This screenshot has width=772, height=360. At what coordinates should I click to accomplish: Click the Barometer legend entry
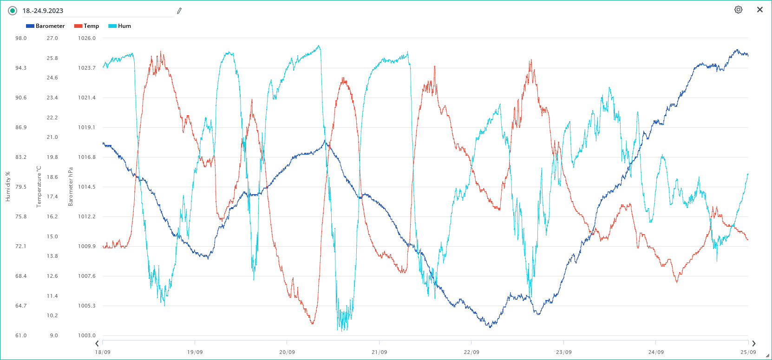[46, 26]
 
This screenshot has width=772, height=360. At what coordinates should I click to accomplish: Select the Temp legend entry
[87, 26]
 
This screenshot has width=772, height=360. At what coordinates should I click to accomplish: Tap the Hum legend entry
[120, 26]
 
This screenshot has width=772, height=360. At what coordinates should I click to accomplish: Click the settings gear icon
[738, 10]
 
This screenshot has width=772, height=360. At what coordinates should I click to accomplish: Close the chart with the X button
[760, 10]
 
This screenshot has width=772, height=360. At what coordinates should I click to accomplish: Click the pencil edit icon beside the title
[179, 11]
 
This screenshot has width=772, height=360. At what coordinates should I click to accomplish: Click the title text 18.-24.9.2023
[43, 11]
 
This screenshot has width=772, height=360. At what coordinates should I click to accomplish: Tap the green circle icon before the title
[13, 11]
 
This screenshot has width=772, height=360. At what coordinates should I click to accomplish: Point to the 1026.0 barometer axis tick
[87, 38]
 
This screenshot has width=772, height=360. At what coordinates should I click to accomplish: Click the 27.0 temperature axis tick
[52, 38]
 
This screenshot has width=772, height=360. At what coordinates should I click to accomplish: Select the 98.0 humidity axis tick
[21, 38]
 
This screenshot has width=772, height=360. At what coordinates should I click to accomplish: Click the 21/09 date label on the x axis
[379, 352]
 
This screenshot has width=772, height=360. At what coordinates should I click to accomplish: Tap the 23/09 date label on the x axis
[563, 352]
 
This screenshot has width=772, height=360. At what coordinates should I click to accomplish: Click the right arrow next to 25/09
[753, 344]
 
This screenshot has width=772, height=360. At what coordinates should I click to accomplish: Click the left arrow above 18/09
[97, 344]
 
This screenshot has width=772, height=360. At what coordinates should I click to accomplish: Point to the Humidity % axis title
[8, 187]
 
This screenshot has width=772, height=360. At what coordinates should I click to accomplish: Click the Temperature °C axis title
[39, 187]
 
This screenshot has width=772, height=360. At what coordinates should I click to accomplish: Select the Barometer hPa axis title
[71, 187]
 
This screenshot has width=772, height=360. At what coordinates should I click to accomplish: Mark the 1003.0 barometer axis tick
[87, 335]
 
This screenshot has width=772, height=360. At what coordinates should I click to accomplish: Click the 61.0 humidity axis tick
[21, 335]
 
